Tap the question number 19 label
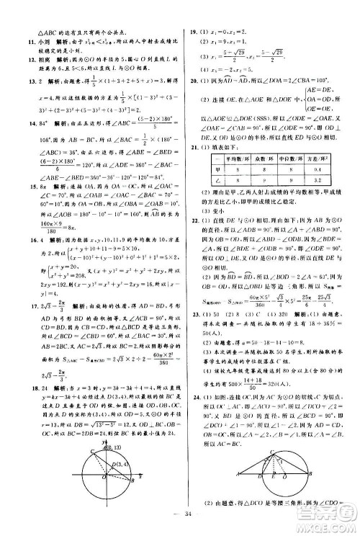click(x=193, y=32)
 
